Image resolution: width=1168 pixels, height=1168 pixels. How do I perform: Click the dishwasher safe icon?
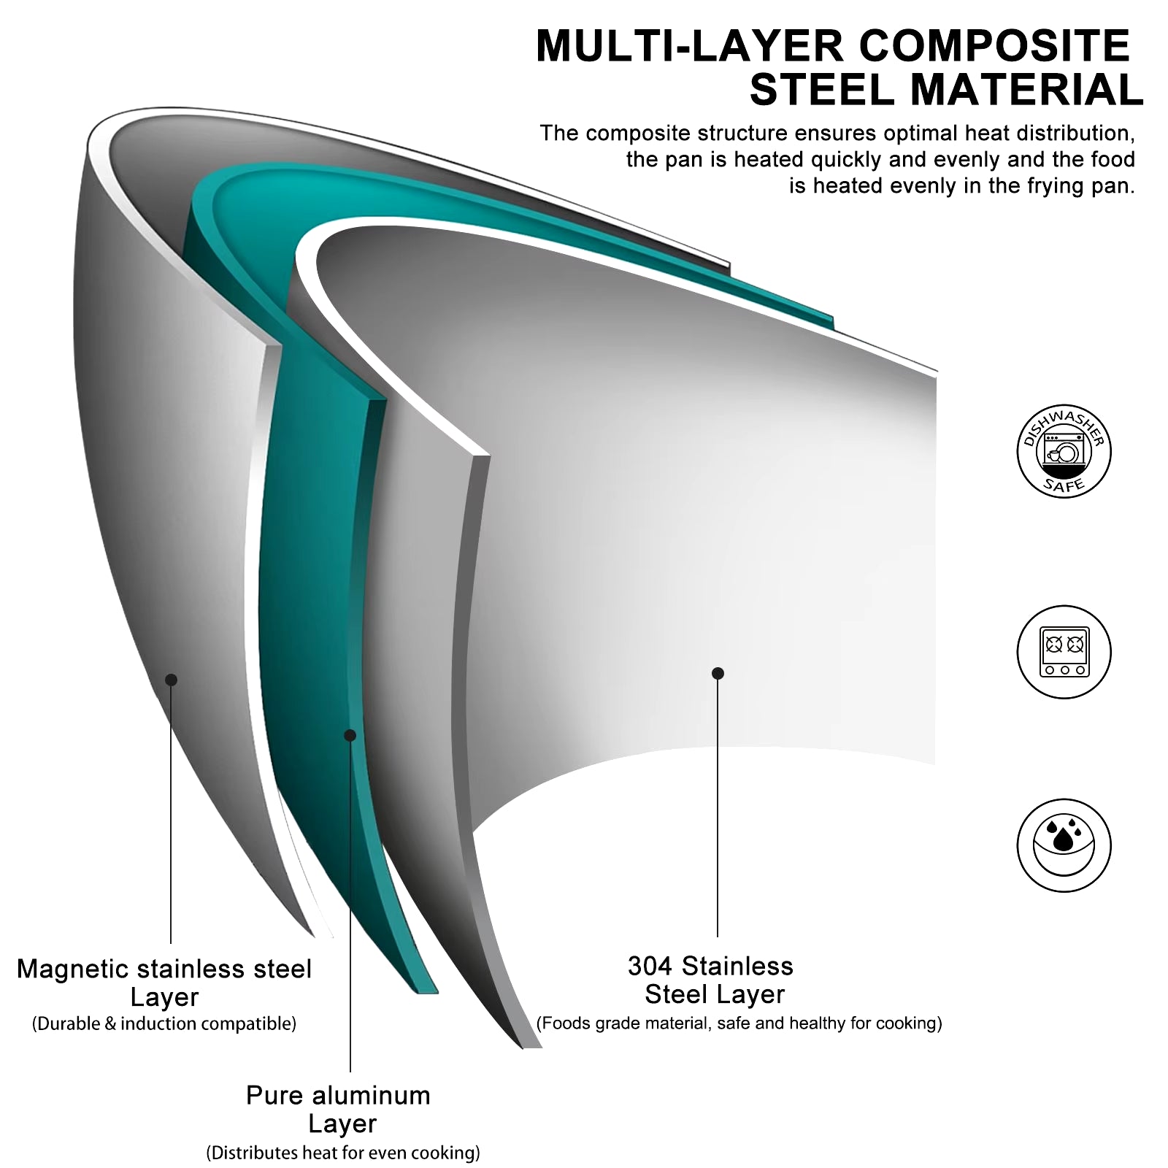1064,451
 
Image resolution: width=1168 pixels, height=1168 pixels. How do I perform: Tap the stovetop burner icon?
1064,652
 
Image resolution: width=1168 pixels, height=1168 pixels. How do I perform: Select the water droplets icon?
1064,845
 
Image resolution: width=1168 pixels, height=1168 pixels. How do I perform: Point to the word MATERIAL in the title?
1026,91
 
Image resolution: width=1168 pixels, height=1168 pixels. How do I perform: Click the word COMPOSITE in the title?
994,47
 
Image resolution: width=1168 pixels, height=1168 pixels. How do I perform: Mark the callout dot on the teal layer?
350,735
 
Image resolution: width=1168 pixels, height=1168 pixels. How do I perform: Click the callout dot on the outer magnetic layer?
171,680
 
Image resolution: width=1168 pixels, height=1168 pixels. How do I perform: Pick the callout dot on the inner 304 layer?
718,673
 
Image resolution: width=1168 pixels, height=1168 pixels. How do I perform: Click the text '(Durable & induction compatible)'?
164,1023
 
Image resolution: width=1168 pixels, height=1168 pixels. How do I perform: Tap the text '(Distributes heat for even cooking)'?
343,1153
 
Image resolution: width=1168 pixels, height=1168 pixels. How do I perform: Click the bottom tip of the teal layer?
427,991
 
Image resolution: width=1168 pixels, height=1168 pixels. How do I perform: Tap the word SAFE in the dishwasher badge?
1064,485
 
